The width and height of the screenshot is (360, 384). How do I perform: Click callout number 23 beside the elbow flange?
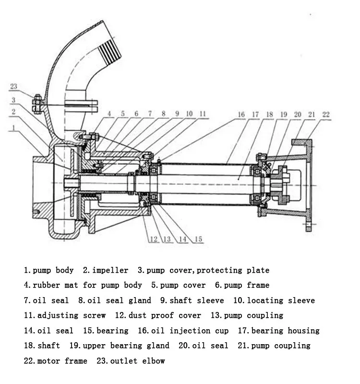13,87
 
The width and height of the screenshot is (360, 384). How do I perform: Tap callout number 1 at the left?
14,128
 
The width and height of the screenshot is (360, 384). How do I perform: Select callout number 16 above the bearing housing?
241,115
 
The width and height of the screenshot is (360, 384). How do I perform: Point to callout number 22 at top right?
326,114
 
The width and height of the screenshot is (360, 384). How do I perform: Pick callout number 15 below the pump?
198,239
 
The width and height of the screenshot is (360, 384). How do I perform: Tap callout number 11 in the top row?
203,114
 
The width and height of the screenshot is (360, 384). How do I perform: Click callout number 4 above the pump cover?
109,114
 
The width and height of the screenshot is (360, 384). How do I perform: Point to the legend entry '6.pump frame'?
242,285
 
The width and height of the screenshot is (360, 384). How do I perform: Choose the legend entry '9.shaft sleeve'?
192,300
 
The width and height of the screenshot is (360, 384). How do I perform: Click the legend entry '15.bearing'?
106,331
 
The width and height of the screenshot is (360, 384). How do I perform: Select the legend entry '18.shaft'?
42,346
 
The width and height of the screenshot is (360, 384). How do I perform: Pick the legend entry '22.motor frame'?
55,361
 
